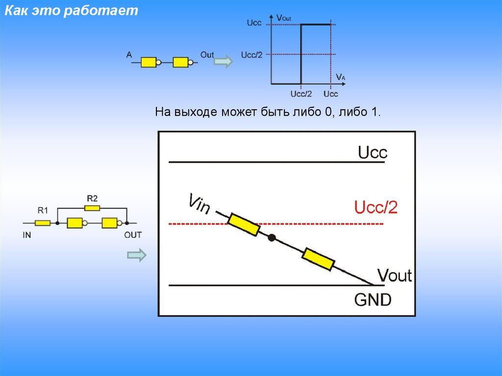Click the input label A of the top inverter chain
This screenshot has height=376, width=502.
point(129,55)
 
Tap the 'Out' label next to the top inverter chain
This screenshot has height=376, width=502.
point(207,55)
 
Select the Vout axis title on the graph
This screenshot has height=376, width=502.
point(284,18)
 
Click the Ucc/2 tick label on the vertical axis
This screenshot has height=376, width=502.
point(252,54)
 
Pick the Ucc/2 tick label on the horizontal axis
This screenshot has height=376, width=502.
point(301,94)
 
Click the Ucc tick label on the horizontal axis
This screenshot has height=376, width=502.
point(331,94)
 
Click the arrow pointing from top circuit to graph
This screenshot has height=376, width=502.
point(224,62)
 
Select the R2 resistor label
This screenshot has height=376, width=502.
point(92,199)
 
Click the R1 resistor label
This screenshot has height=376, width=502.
point(43,211)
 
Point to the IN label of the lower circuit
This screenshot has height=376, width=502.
point(27,235)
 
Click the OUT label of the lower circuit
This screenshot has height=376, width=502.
point(133,235)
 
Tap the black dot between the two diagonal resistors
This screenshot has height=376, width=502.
point(272,238)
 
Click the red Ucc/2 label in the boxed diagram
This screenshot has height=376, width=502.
point(376,208)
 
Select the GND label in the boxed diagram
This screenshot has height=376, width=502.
point(373,299)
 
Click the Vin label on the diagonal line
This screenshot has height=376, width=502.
point(199,204)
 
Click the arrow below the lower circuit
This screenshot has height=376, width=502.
point(137,255)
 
